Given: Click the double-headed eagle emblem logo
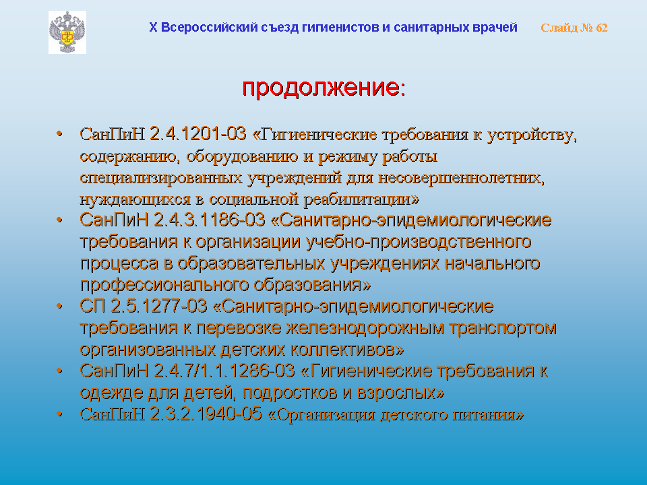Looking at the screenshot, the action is pos(67,32).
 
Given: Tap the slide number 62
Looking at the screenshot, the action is pos(602,28).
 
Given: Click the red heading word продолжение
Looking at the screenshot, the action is pos(321,87).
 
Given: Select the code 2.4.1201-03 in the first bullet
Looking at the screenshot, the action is pos(197,134).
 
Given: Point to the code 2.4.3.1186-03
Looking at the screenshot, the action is pos(209,220).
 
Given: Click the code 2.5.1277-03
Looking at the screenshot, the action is pos(159,306).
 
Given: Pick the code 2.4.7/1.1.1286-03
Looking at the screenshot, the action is pos(224,370).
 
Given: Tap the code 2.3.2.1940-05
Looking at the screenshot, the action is pos(206,414).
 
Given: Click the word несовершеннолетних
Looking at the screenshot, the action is pos(461,178).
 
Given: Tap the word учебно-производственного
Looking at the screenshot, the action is pos(419,242).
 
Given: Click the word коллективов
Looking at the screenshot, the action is pos(347,350).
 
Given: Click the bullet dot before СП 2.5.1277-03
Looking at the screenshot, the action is pos(60,306).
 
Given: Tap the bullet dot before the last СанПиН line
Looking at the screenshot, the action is pos(60,413).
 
